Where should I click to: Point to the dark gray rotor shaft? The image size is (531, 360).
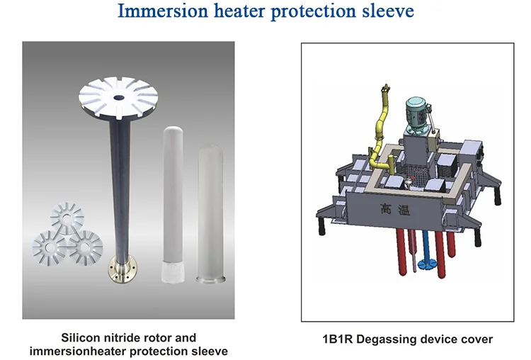coord(117,184)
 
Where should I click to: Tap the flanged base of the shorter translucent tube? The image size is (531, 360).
coord(209,280)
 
